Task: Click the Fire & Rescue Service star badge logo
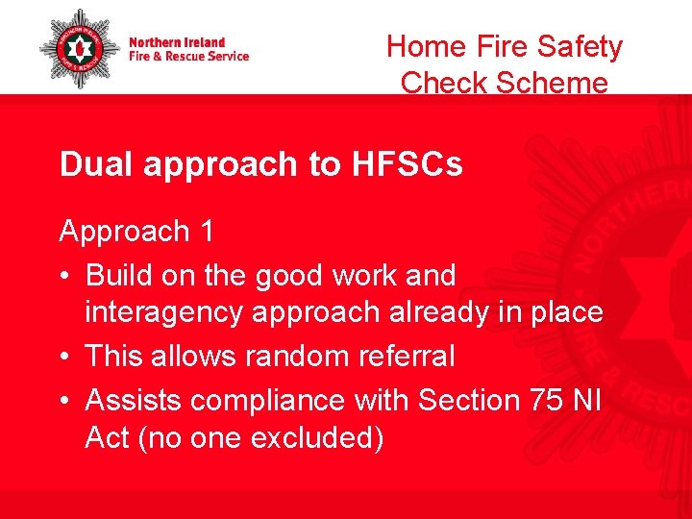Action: pyautogui.click(x=79, y=50)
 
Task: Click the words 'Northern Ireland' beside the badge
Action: pyautogui.click(x=177, y=42)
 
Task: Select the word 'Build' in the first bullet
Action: pyautogui.click(x=119, y=275)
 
